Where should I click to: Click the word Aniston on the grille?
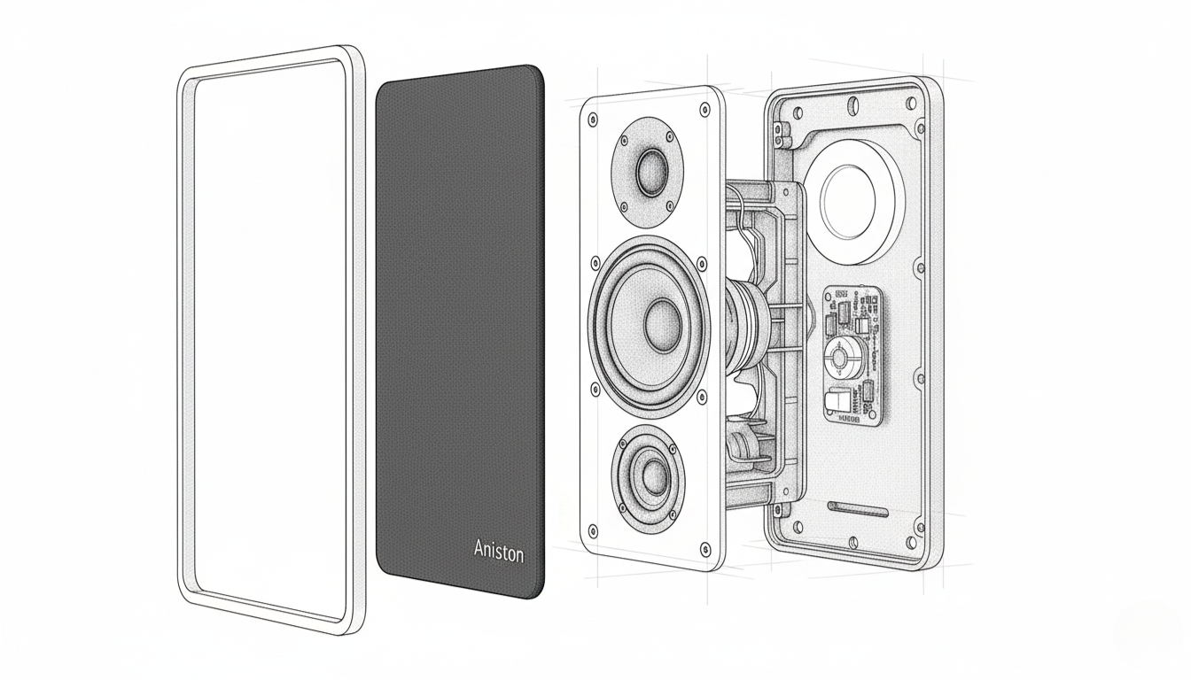coord(499,551)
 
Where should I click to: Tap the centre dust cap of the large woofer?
coord(663,324)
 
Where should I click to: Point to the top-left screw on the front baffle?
coord(592,121)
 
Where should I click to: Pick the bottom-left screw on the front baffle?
coord(593,530)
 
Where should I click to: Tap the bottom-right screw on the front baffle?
coord(705,548)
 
